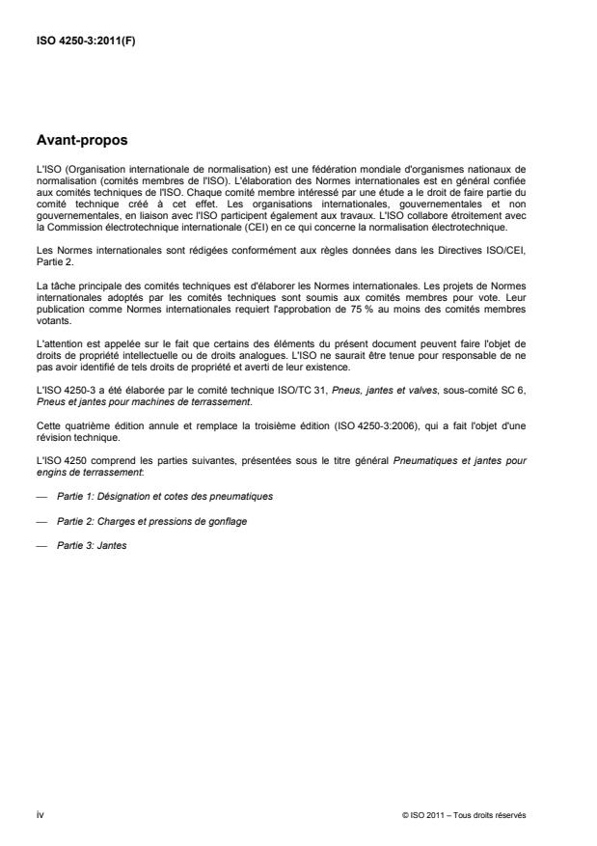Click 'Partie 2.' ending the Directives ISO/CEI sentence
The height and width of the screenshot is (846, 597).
[x=51, y=260]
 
